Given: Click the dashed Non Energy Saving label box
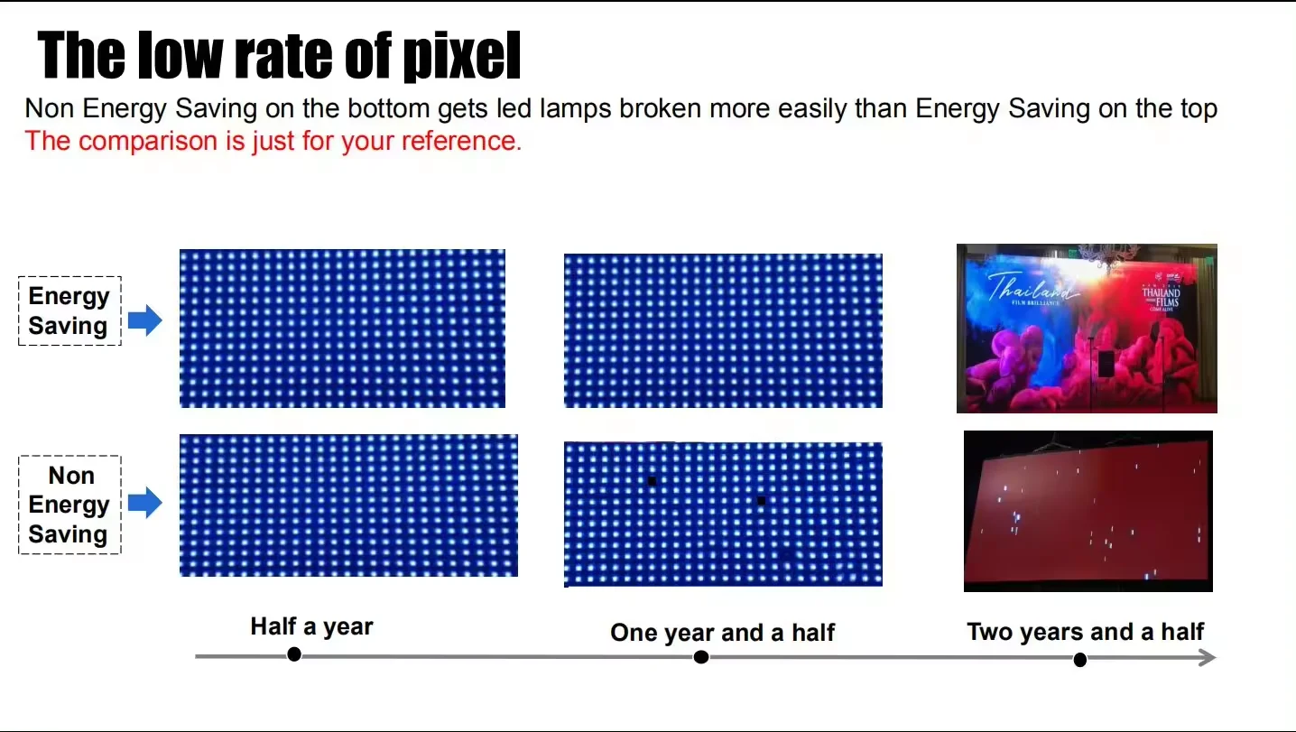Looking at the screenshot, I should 69,505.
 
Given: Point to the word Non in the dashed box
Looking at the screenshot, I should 70,476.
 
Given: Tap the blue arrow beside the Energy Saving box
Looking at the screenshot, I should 144,320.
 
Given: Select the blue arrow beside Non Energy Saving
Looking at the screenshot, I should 144,503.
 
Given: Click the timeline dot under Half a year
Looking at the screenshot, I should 293,654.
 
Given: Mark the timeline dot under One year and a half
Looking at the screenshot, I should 701,657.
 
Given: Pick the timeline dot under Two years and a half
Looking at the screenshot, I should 1079,660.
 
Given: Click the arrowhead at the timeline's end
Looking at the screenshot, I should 1208,657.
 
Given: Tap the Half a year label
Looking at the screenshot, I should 311,626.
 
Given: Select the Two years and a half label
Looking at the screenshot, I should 1085,631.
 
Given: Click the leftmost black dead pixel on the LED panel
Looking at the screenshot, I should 652,482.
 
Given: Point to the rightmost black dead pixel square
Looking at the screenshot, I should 762,500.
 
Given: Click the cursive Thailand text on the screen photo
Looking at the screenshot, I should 1032,288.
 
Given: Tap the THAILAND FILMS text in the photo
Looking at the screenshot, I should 1161,298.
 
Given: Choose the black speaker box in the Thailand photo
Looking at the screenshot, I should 1106,363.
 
